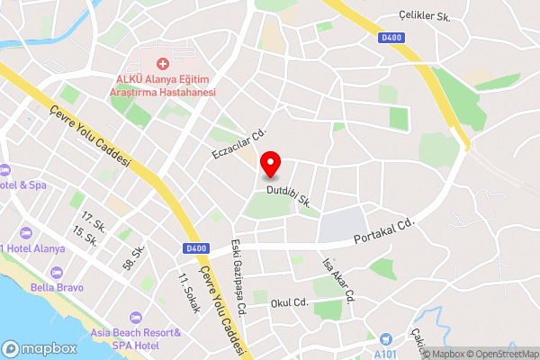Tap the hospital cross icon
tap(163, 64)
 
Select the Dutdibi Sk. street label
tap(289, 197)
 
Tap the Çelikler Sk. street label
tap(425, 15)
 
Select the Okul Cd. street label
tap(290, 303)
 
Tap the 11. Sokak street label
tap(189, 292)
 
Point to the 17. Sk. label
tap(93, 222)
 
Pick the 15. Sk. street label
tap(85, 238)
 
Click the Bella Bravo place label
tap(57, 288)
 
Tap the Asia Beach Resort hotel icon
tap(136, 318)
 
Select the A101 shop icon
tap(386, 338)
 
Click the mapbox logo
tap(39, 348)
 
